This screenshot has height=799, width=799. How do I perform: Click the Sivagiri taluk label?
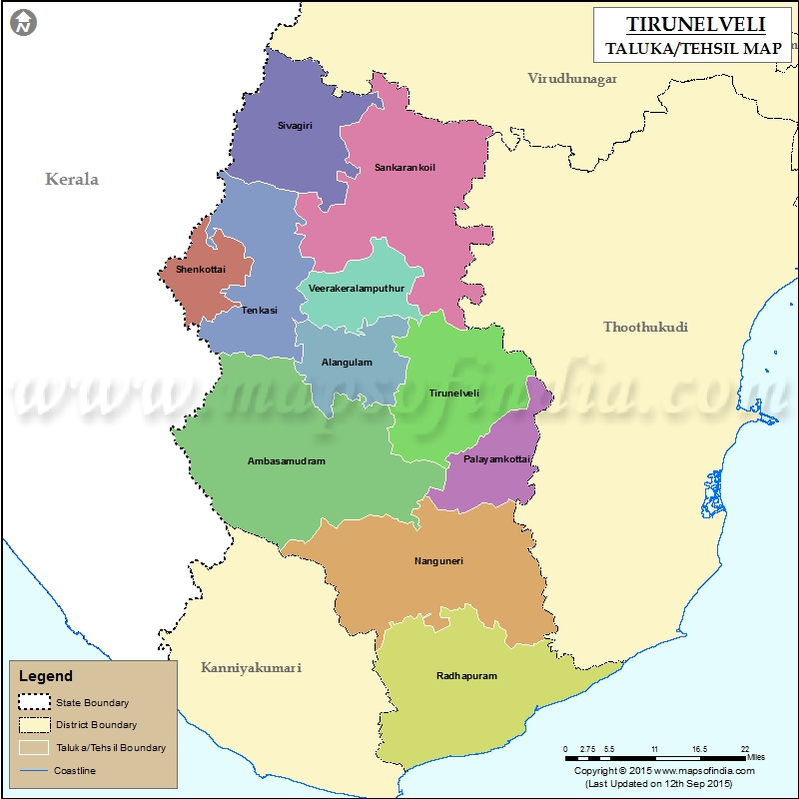point(294,126)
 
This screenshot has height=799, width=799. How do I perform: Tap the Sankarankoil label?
point(404,167)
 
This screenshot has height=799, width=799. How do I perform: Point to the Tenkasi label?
point(259,310)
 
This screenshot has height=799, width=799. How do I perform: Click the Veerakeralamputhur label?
point(357,288)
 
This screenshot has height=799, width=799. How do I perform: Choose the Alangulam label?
point(345,362)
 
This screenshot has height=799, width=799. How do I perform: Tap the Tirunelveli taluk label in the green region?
point(453,393)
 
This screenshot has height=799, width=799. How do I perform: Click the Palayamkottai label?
point(496,459)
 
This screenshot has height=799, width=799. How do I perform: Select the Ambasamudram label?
point(287,461)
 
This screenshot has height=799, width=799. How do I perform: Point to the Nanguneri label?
point(438,560)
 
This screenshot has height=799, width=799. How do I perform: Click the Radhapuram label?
point(466,676)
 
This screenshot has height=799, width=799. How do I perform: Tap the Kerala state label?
point(72,180)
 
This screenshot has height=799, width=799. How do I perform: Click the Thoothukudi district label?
point(645,327)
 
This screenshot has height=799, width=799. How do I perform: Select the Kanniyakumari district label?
point(251,667)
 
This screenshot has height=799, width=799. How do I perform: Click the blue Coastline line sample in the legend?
point(33,770)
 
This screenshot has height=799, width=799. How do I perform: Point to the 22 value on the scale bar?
point(745,749)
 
